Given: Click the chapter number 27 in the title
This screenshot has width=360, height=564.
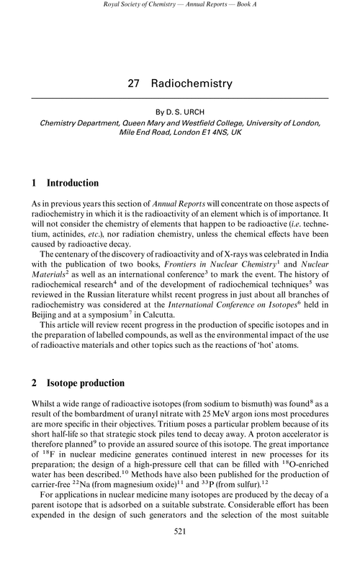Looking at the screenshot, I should tap(133, 84).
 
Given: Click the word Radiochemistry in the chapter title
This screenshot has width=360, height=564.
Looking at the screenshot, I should tap(192, 84).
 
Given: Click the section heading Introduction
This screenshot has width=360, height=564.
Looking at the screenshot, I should tap(73, 183).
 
